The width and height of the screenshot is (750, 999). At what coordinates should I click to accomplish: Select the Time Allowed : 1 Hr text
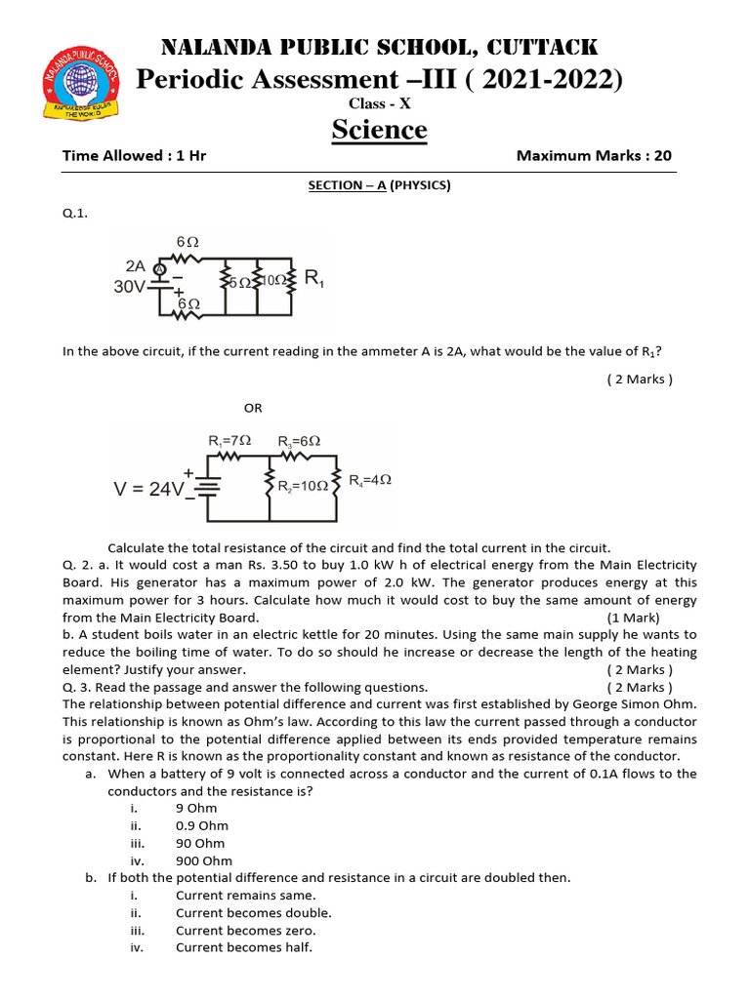pos(134,156)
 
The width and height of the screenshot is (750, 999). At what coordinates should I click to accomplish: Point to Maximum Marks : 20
pos(594,156)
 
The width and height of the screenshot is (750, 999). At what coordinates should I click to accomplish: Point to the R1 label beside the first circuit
pos(314,278)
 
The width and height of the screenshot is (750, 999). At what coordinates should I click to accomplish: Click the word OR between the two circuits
pos(253,408)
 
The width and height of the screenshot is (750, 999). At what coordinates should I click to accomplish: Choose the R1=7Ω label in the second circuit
pos(230,441)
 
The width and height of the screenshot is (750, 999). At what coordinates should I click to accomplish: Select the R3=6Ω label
pos(299,441)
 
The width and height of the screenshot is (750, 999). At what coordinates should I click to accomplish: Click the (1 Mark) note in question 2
pos(633,618)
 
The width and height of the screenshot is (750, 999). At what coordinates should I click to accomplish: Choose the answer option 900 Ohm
pos(204,860)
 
